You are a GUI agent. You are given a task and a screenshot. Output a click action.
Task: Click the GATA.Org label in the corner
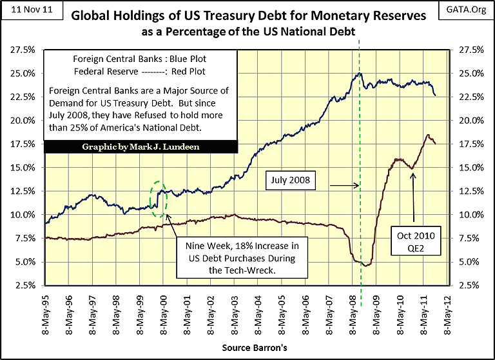coord(469,10)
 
